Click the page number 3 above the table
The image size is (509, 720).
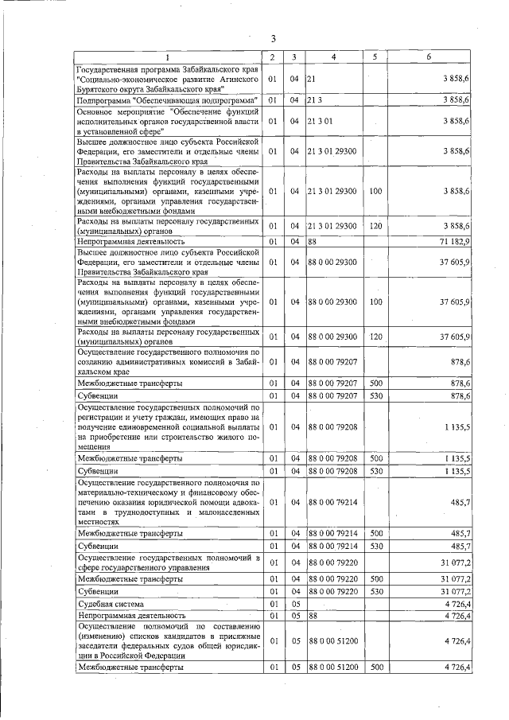point(273,39)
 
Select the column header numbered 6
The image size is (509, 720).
point(429,56)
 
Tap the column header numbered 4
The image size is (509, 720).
point(334,56)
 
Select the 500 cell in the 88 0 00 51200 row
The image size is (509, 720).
point(375,667)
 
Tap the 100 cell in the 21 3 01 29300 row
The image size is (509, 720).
point(375,191)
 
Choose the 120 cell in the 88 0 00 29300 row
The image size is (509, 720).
point(375,337)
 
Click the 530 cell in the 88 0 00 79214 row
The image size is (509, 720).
point(375,546)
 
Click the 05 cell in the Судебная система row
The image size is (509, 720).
point(294,604)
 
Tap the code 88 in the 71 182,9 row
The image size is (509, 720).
point(313,239)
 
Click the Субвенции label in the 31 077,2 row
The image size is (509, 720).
point(98,592)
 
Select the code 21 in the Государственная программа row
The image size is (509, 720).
point(312,80)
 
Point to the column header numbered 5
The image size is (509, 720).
point(375,56)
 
